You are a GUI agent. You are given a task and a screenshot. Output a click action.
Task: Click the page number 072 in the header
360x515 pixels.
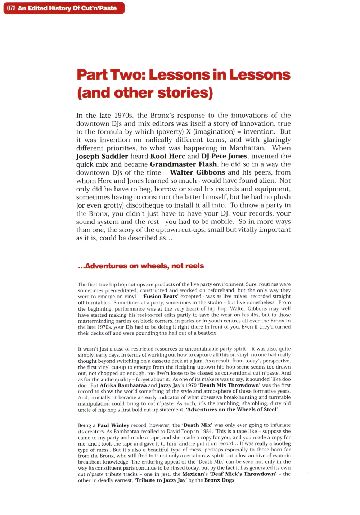point(11,8)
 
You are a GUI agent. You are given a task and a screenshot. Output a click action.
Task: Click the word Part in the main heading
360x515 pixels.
point(92,75)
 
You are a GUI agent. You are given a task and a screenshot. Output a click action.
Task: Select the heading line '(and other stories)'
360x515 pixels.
point(145,93)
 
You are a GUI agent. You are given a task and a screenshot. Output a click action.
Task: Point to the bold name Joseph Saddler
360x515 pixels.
point(102,156)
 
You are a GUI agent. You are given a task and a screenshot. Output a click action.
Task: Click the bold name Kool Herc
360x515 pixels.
point(167,156)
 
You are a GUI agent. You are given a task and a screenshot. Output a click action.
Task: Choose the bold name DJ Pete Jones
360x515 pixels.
point(224,156)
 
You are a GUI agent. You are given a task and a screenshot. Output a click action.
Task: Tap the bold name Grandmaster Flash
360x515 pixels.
point(183,164)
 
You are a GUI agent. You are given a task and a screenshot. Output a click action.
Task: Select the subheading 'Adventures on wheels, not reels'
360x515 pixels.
point(141,266)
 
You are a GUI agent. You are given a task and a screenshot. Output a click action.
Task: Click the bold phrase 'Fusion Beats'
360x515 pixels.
point(161,296)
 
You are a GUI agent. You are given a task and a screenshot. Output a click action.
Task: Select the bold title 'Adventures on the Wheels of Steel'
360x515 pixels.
point(232,410)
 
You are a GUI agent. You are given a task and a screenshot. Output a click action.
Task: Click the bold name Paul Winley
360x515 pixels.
point(113,425)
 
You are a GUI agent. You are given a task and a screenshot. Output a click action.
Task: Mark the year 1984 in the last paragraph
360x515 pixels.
point(206,431)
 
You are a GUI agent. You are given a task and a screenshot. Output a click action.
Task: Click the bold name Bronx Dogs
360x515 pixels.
point(219,480)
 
